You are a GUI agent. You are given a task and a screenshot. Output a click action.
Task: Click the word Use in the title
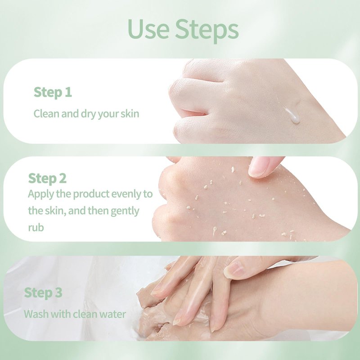point(148,29)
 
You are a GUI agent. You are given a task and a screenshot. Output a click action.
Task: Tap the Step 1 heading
point(53,93)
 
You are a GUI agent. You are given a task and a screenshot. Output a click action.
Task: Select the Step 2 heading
point(47,179)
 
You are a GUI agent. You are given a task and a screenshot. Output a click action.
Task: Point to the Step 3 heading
point(43,293)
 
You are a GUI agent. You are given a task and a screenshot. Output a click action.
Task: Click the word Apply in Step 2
point(41,195)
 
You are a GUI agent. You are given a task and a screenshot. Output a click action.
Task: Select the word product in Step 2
point(91,194)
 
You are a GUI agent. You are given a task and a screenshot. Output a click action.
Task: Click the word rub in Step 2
point(36,228)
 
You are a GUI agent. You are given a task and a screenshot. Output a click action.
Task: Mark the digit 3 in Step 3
point(59,292)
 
